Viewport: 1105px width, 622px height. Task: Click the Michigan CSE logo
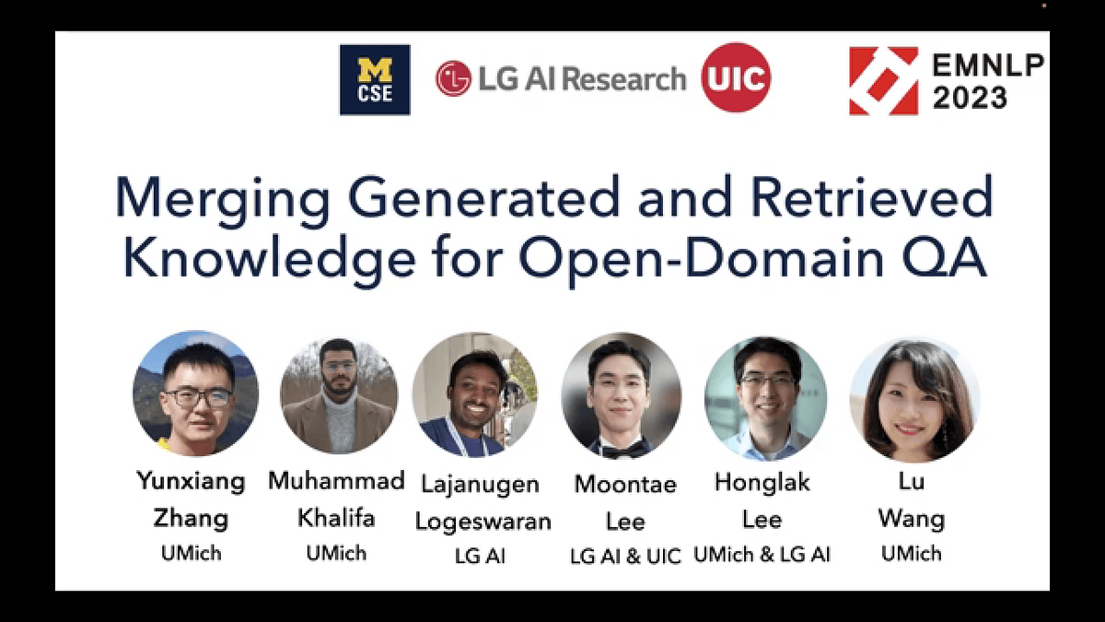pyautogui.click(x=375, y=80)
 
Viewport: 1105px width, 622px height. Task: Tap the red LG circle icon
pyautogui.click(x=453, y=78)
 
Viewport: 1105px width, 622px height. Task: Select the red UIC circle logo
pyautogui.click(x=736, y=77)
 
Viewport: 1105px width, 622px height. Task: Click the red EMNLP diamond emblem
pyautogui.click(x=883, y=81)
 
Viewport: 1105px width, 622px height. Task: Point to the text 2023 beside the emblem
pyautogui.click(x=970, y=98)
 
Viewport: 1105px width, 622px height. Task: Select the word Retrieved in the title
pyautogui.click(x=872, y=196)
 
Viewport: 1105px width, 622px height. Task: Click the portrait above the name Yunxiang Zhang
pyautogui.click(x=196, y=393)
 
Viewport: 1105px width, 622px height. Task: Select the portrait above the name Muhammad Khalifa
pyautogui.click(x=339, y=395)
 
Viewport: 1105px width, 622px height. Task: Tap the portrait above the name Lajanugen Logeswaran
pyautogui.click(x=474, y=394)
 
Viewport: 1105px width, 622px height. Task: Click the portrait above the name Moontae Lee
pyautogui.click(x=621, y=395)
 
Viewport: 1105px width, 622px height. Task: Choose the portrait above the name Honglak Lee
pyautogui.click(x=765, y=398)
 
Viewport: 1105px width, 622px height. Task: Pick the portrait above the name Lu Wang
pyautogui.click(x=914, y=400)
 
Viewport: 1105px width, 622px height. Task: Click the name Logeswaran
pyautogui.click(x=483, y=522)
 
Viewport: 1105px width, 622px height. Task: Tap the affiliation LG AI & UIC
pyautogui.click(x=625, y=557)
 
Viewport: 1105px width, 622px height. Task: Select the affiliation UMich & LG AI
pyautogui.click(x=762, y=555)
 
